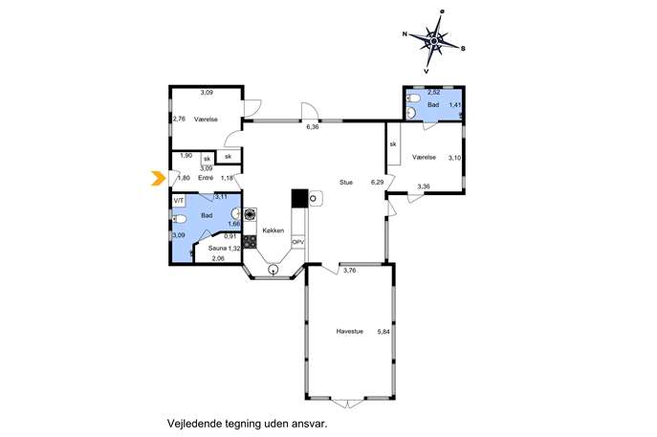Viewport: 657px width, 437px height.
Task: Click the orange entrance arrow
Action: pyautogui.click(x=158, y=178)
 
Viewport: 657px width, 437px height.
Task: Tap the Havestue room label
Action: pyautogui.click(x=349, y=332)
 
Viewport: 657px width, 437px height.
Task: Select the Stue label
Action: pyautogui.click(x=346, y=183)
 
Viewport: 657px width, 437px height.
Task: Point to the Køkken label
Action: pyautogui.click(x=274, y=230)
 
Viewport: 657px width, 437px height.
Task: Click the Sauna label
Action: pyautogui.click(x=217, y=248)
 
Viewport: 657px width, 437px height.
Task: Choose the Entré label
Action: pyautogui.click(x=206, y=178)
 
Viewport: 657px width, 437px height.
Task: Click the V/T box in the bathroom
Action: pyautogui.click(x=179, y=201)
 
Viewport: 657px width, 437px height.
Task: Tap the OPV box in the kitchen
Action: pyautogui.click(x=298, y=242)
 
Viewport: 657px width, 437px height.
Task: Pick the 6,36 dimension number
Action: pyautogui.click(x=312, y=127)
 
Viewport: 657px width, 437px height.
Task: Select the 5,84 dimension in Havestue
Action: pyautogui.click(x=383, y=332)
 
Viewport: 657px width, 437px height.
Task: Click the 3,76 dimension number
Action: pyautogui.click(x=349, y=271)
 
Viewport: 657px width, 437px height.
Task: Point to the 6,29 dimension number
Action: pyautogui.click(x=377, y=183)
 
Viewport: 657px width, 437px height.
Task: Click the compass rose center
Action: pyautogui.click(x=434, y=41)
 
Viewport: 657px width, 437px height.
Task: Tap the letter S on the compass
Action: pyautogui.click(x=463, y=49)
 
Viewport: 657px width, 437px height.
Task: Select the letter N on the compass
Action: pyautogui.click(x=405, y=34)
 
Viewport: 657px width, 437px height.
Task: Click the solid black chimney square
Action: pyautogui.click(x=299, y=198)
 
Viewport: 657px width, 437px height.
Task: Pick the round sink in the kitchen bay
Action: pyautogui.click(x=274, y=270)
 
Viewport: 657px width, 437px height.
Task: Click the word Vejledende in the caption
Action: pyautogui.click(x=191, y=424)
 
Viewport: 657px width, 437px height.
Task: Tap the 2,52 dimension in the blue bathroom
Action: pyautogui.click(x=433, y=92)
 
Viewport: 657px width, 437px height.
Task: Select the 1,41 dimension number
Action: pyautogui.click(x=455, y=105)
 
